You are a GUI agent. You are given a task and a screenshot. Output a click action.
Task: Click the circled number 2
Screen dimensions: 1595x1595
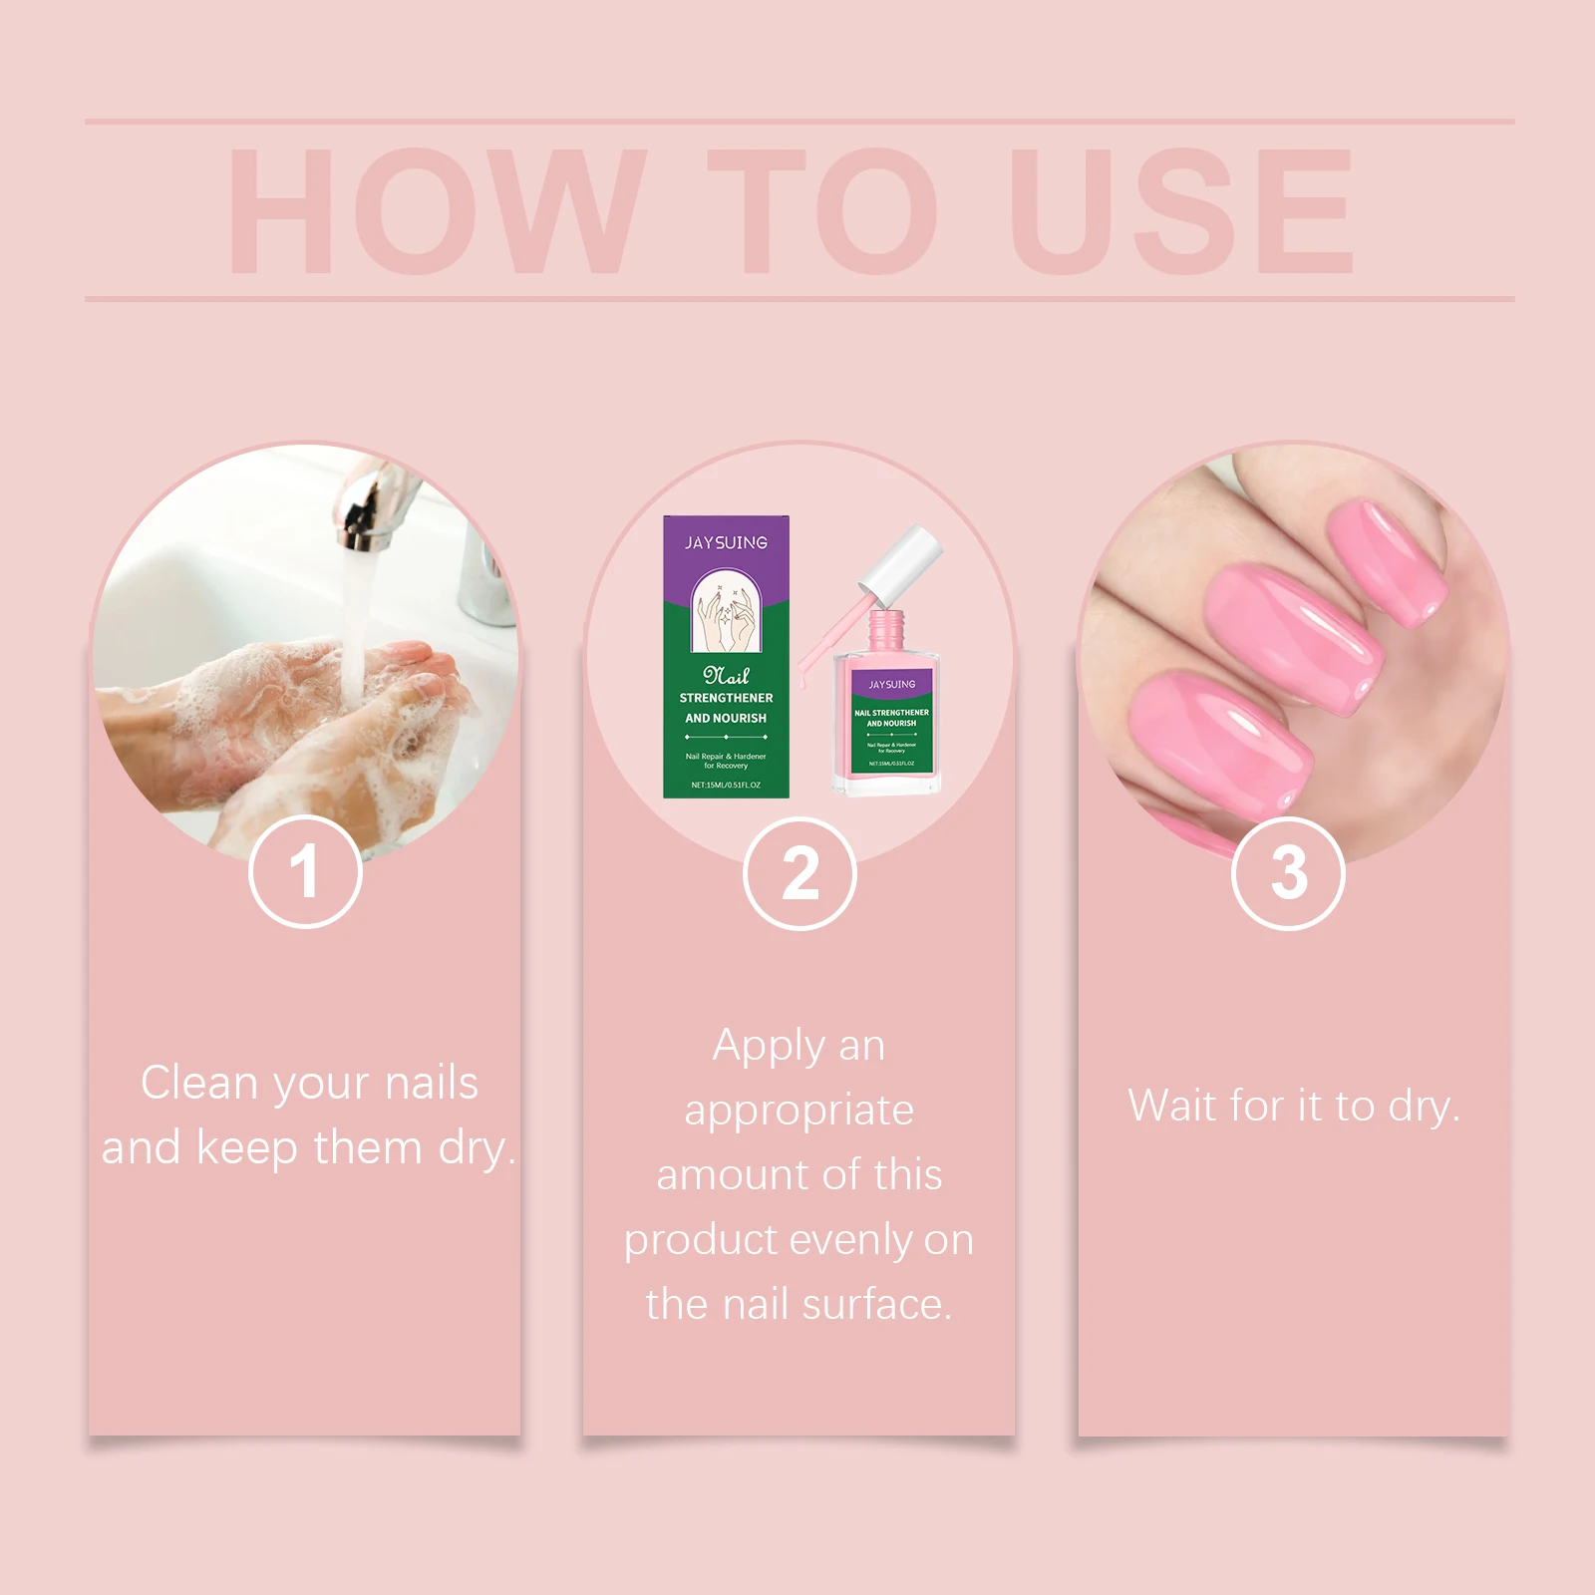(x=799, y=874)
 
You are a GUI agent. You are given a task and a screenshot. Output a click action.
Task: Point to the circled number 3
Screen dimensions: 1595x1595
(x=1288, y=874)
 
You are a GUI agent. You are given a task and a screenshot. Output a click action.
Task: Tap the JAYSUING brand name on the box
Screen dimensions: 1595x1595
(x=726, y=543)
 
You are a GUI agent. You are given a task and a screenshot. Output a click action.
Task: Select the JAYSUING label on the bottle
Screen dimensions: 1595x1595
(x=891, y=685)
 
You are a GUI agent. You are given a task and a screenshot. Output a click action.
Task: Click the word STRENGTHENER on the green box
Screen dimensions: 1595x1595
(x=726, y=698)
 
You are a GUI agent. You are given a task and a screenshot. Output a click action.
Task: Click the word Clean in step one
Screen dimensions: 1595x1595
(x=199, y=1083)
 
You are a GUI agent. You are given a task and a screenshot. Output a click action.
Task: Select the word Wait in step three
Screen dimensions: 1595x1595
(x=1172, y=1107)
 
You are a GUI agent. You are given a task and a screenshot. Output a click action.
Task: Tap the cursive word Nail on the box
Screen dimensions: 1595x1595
(x=726, y=675)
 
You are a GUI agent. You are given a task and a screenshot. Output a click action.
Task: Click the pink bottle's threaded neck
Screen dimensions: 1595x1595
(x=886, y=628)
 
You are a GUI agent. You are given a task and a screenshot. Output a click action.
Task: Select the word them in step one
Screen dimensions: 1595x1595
(x=368, y=1147)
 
